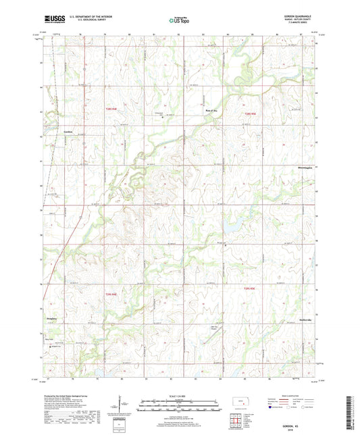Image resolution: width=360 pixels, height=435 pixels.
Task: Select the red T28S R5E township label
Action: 251,113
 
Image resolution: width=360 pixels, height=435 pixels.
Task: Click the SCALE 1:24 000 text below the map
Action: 179,395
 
